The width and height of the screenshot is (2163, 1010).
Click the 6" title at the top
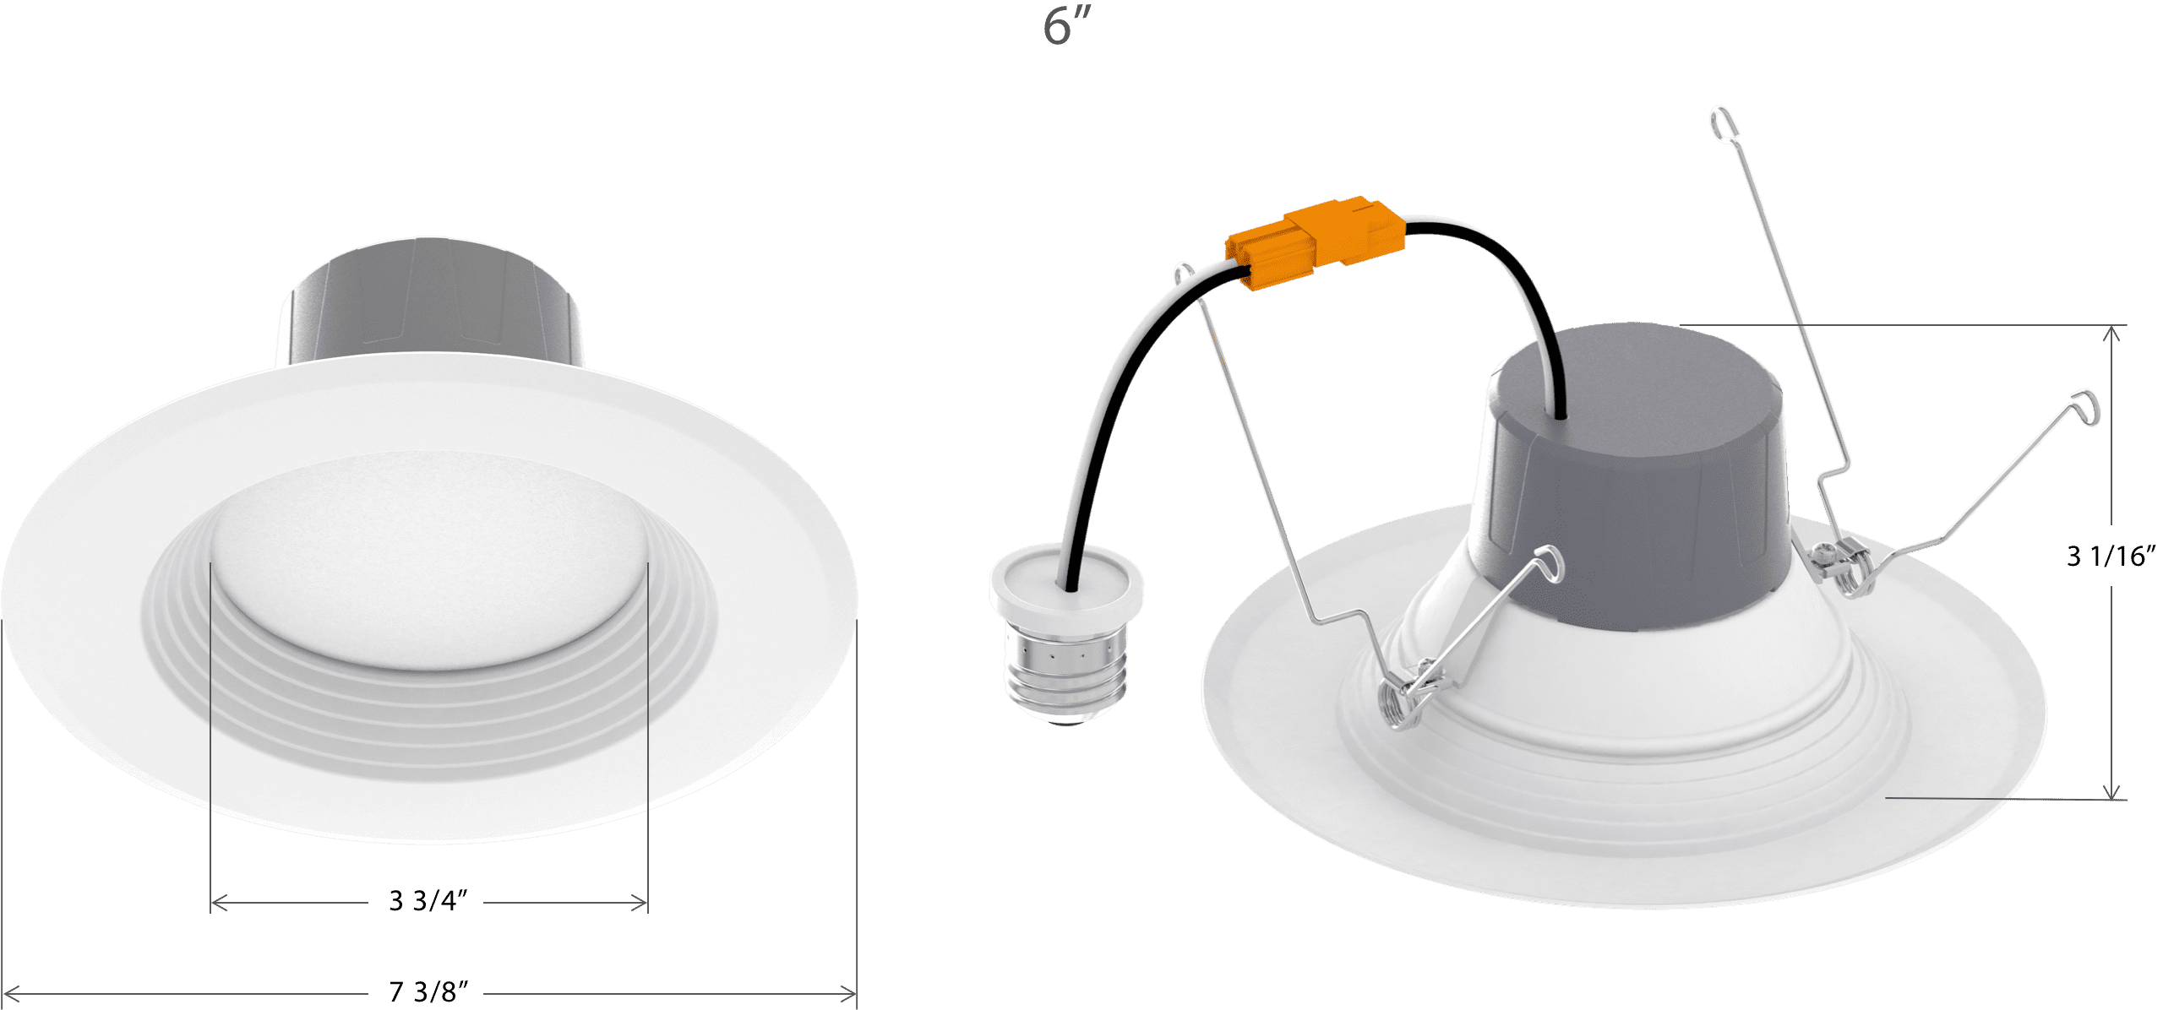click(x=1067, y=25)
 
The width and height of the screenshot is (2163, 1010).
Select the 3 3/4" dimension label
click(x=428, y=901)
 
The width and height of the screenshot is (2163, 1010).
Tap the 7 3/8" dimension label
click(x=428, y=991)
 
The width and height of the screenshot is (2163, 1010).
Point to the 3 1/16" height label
click(x=2111, y=556)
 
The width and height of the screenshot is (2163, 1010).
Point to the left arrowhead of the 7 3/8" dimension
click(x=10, y=993)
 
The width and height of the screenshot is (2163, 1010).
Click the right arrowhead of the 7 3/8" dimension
click(x=848, y=993)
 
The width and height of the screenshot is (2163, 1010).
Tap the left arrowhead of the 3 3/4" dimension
click(x=219, y=904)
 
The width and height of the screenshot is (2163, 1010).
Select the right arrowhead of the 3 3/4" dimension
click(x=639, y=904)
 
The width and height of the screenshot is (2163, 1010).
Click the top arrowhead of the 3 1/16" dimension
click(x=2111, y=333)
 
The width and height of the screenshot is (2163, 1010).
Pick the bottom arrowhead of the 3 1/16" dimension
click(x=2111, y=790)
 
